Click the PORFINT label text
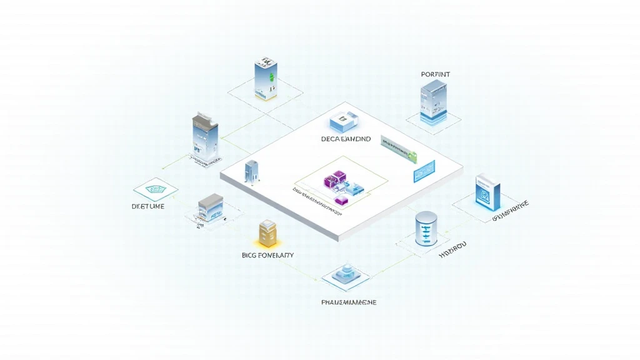[x=436, y=74]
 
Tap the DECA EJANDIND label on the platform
[x=346, y=139]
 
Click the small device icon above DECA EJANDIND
[x=343, y=120]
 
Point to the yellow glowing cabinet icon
[x=267, y=233]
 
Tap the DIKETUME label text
[x=148, y=206]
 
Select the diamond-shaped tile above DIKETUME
[x=155, y=189]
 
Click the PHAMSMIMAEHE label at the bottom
[x=348, y=302]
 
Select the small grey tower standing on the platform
[x=252, y=172]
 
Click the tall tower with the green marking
[x=266, y=80]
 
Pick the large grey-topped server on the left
[x=206, y=138]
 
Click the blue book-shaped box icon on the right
[x=487, y=192]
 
